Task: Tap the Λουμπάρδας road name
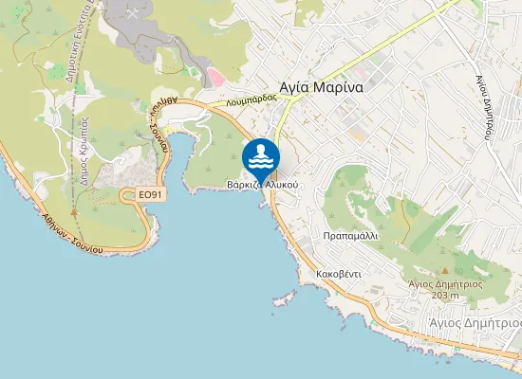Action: point(251,99)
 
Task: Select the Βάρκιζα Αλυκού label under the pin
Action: point(263,184)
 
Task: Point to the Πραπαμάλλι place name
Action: point(350,234)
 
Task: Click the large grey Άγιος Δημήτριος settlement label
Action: point(474,322)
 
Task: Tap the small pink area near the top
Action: point(215,74)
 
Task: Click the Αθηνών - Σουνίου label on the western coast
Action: point(71,233)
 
